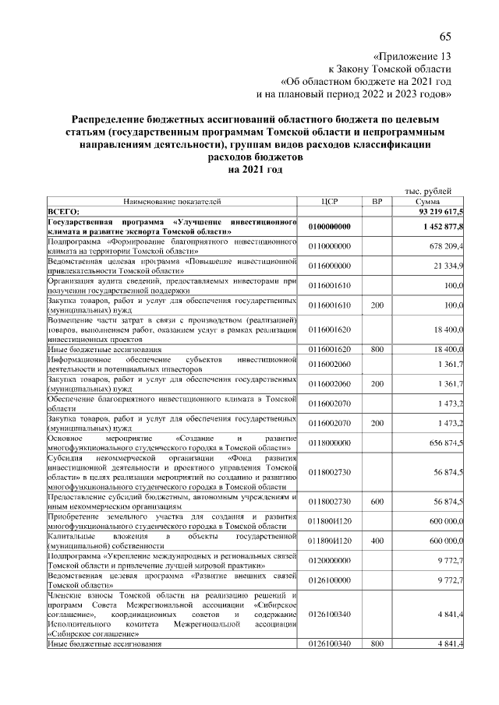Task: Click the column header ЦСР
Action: [328, 201]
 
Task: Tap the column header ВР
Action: [378, 201]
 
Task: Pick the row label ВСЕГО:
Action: [64, 211]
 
